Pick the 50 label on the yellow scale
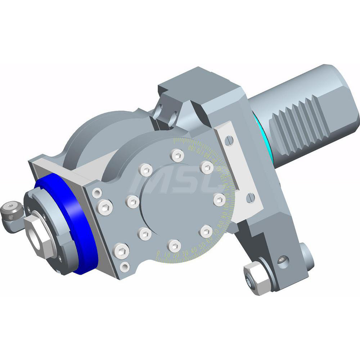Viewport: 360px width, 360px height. click(202, 246)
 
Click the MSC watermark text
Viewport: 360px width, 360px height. click(176, 182)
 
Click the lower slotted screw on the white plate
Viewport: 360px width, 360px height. click(251, 197)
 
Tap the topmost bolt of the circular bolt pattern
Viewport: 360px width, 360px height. click(177, 156)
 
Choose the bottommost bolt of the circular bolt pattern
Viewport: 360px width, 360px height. click(174, 246)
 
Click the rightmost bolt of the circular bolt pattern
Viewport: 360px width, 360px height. click(219, 199)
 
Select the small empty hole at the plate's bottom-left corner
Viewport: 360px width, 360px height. click(125, 266)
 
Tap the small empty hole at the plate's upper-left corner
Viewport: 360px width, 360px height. click(96, 193)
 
